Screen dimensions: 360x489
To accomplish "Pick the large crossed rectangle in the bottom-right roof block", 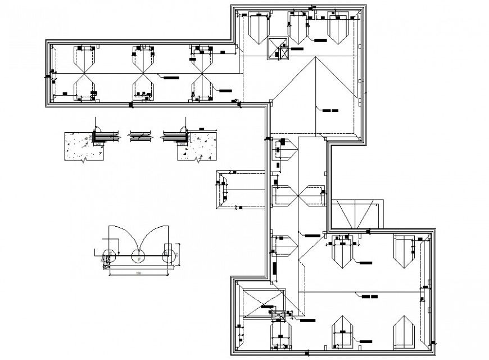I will [x=261, y=304].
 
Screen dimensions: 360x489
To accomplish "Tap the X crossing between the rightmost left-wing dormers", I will [x=202, y=74].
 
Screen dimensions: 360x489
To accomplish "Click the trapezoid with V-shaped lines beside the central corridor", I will [x=355, y=214].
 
